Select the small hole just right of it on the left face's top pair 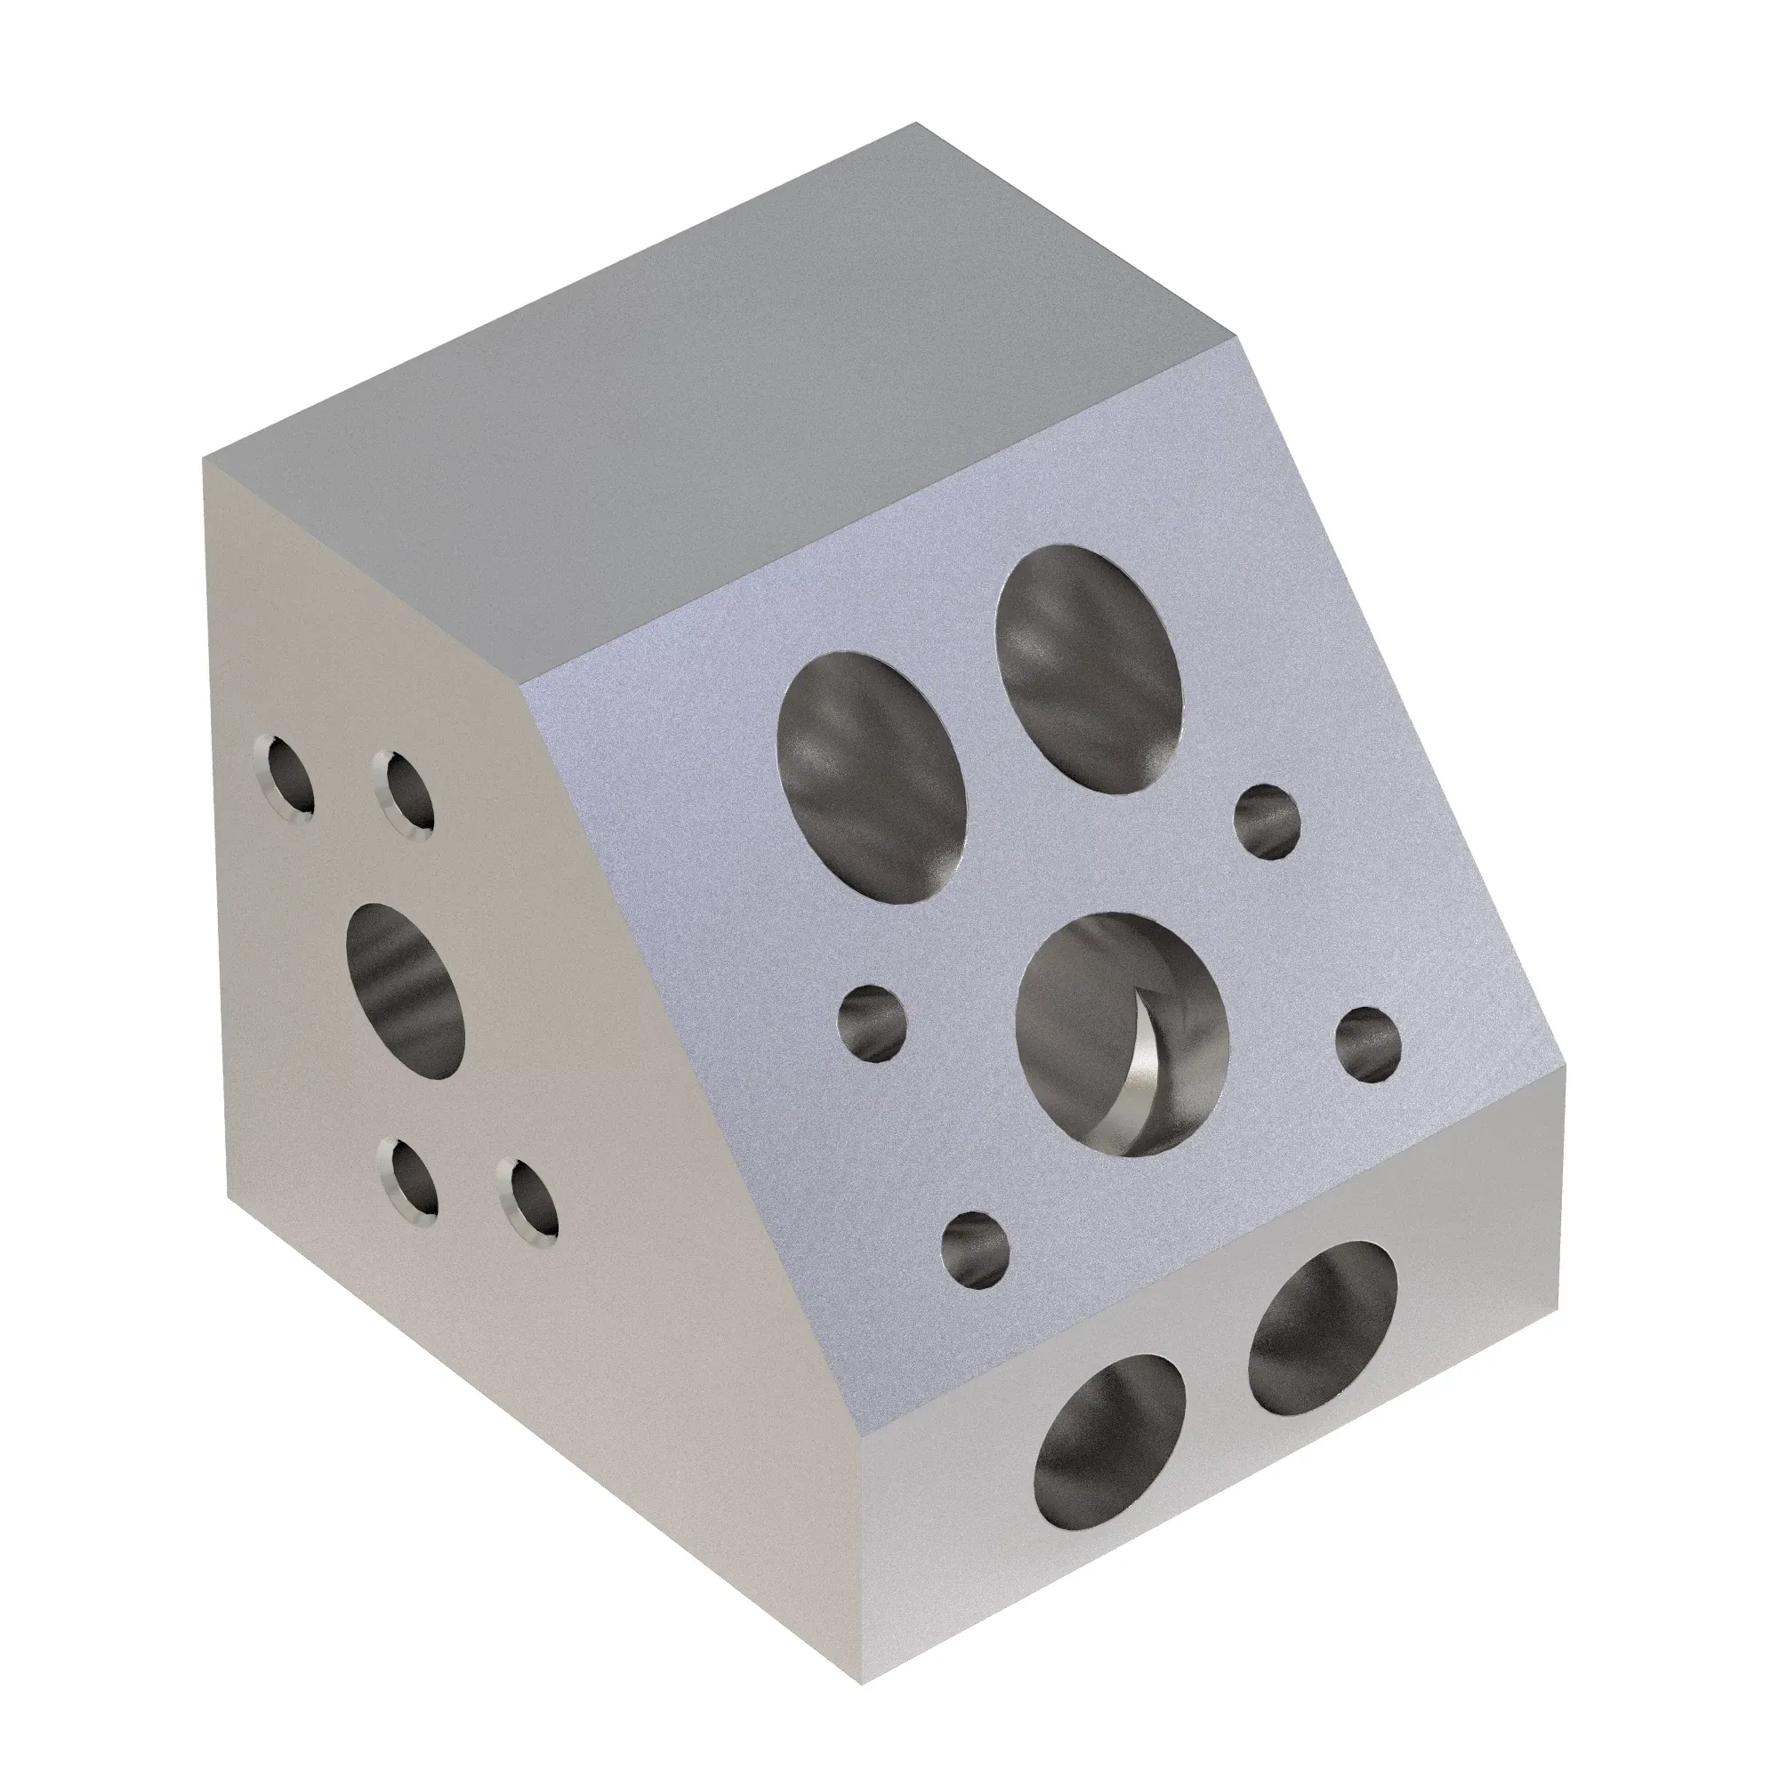click(405, 794)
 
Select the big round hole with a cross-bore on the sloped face click(1123, 1035)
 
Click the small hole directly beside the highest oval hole click(1266, 821)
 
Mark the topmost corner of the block click(915, 123)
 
